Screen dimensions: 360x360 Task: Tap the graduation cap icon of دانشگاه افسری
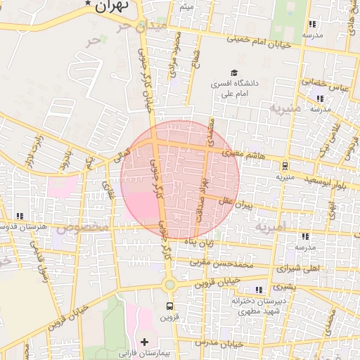pos(233,72)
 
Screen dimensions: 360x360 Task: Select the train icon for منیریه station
pos(285,166)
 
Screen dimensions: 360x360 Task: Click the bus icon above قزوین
pos(169,306)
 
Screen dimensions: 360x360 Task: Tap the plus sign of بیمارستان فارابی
pos(145,342)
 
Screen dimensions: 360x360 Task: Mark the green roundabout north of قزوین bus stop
pos(169,285)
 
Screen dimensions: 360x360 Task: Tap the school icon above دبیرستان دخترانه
pos(259,290)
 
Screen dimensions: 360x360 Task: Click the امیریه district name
pos(271,227)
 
